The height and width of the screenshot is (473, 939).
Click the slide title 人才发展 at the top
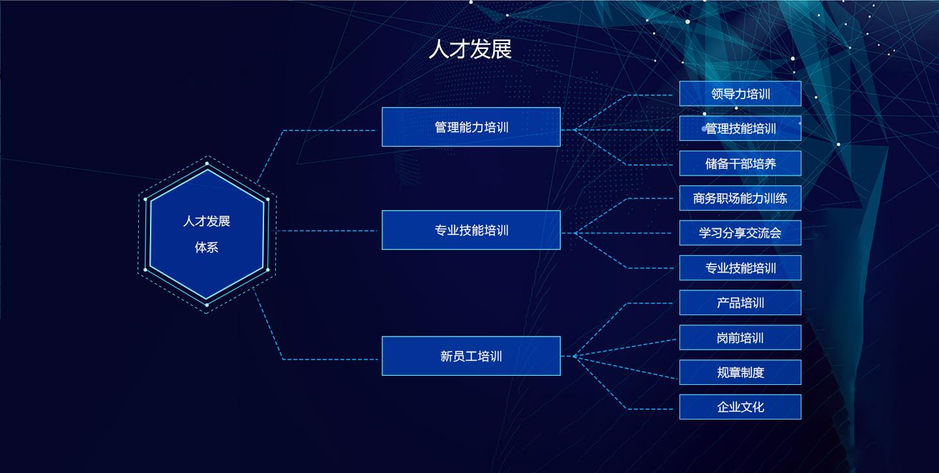click(x=470, y=49)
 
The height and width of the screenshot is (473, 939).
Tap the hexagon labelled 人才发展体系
click(x=207, y=234)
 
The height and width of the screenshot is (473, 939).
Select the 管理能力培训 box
click(x=471, y=127)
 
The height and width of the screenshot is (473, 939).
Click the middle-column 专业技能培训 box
click(x=471, y=230)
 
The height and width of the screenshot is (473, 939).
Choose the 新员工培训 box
click(x=471, y=356)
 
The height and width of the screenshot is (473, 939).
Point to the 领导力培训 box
click(x=740, y=93)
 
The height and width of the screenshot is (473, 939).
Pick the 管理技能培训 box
click(x=740, y=129)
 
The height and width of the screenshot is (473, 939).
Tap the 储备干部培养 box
click(x=740, y=163)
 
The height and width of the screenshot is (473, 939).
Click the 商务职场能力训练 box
click(x=740, y=198)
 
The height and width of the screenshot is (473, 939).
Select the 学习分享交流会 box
click(x=740, y=233)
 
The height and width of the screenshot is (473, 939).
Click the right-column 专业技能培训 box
click(x=740, y=267)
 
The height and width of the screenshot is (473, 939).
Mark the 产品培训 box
click(x=740, y=302)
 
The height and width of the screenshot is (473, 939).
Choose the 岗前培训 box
click(x=740, y=337)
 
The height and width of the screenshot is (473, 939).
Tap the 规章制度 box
click(x=740, y=372)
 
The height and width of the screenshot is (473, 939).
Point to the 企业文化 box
click(x=740, y=406)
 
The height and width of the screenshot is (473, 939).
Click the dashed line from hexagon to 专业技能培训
click(x=327, y=231)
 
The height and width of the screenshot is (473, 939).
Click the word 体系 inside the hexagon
click(x=206, y=247)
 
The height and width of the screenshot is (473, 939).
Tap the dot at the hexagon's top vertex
click(x=207, y=163)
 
